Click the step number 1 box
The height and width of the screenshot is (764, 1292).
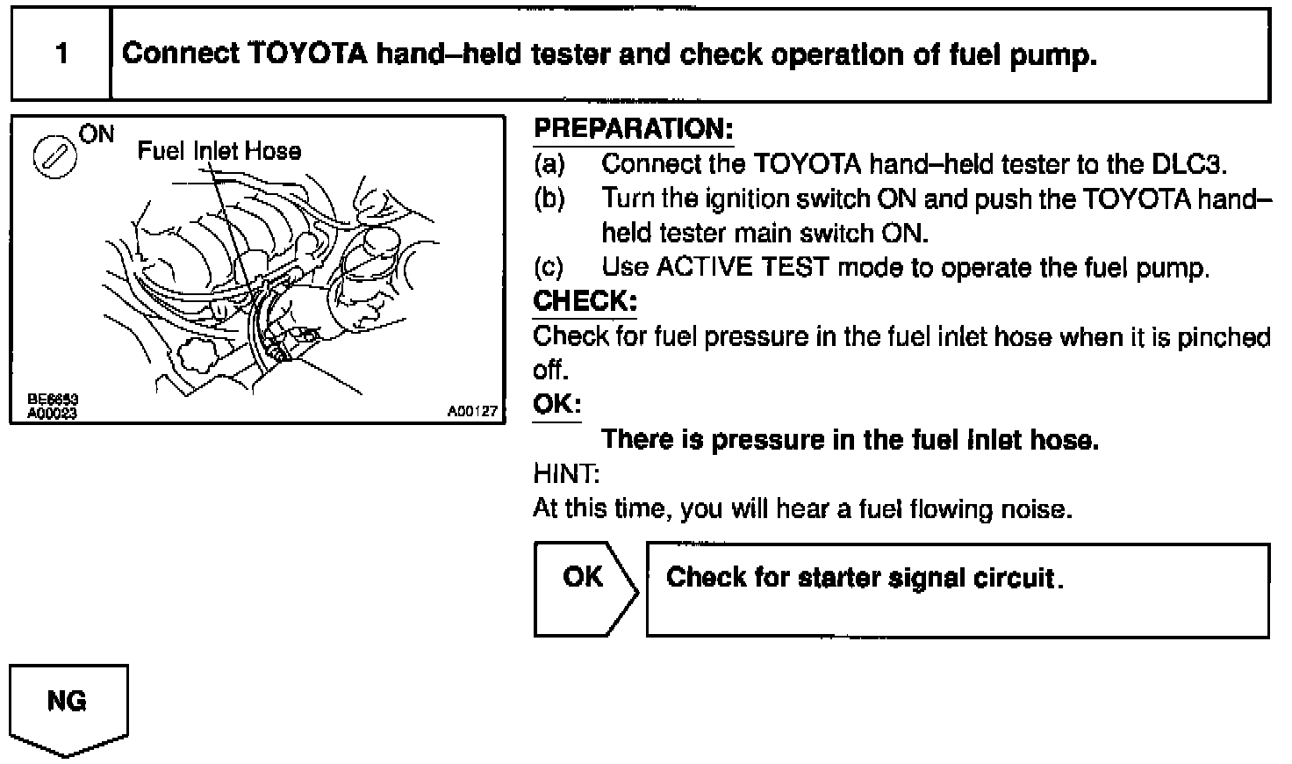tap(61, 54)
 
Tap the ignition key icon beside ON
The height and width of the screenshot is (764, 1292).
tap(54, 156)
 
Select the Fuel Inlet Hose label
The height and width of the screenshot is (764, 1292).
tap(219, 151)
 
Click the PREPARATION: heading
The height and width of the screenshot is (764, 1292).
tap(633, 129)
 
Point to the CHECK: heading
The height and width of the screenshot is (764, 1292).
tap(585, 301)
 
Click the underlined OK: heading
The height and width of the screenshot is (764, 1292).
tap(556, 405)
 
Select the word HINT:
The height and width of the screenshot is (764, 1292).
tap(566, 474)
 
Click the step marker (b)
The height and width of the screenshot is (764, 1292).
tap(549, 199)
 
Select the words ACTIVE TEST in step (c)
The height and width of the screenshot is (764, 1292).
tap(742, 268)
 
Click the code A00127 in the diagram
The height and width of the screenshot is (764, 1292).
tap(472, 411)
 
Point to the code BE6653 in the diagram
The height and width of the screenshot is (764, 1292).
tap(54, 400)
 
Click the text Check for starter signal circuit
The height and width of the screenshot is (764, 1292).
tap(864, 578)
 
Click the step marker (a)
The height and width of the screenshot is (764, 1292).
tap(549, 164)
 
